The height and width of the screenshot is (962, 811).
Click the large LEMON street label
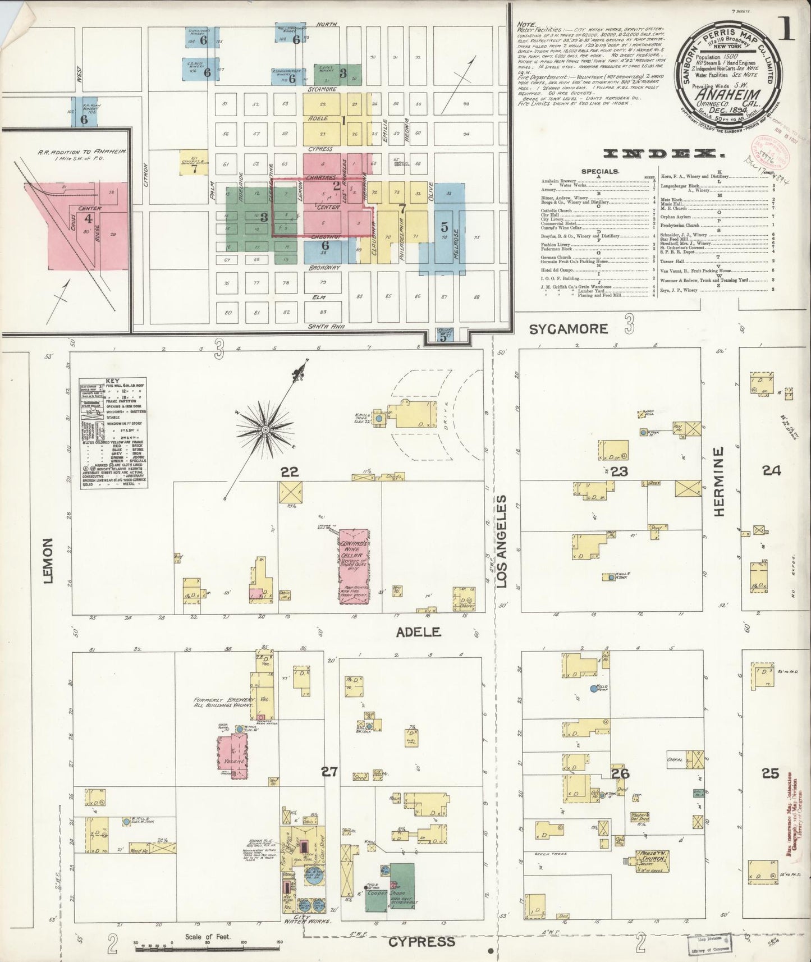[x=48, y=560]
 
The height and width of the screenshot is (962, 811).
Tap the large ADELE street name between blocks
[x=418, y=633]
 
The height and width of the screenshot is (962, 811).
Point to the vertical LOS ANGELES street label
[x=501, y=541]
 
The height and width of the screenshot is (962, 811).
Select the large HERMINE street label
[x=721, y=481]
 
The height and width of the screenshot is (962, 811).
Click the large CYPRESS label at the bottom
[x=421, y=941]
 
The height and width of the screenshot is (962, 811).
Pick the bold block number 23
[x=619, y=471]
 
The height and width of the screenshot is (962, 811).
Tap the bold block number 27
[x=329, y=772]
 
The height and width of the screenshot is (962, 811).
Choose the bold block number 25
[x=771, y=773]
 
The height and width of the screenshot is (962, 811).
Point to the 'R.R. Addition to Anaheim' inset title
[x=82, y=155]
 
